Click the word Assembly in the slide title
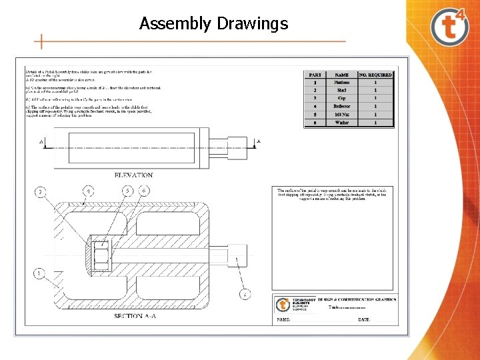[x=176, y=25]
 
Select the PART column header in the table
[x=315, y=75]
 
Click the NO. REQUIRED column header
[x=375, y=75]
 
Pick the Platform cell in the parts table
[x=341, y=83]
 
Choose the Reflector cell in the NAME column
[x=341, y=107]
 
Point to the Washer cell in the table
[x=341, y=123]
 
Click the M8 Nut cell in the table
[x=341, y=115]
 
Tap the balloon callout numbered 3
[x=41, y=192]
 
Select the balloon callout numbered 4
[x=89, y=191]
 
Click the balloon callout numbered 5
[x=126, y=191]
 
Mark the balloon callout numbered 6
[x=145, y=191]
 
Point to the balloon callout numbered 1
[x=40, y=273]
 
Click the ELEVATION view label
[x=133, y=175]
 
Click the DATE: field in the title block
[x=363, y=320]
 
